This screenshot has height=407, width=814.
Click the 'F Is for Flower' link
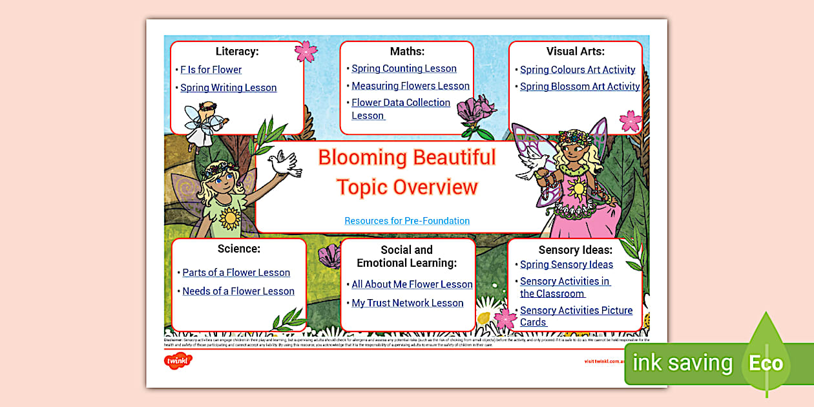211,70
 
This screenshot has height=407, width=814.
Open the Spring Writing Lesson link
228,88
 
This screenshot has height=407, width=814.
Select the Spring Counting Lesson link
404,68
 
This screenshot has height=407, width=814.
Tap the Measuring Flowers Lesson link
410,86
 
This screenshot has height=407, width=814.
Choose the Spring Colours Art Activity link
578,70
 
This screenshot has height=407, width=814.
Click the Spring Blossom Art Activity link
579,87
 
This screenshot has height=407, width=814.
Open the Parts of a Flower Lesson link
236,273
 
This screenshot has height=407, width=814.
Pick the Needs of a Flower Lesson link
238,291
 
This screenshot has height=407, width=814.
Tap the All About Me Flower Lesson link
412,284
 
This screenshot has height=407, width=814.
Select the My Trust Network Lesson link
407,303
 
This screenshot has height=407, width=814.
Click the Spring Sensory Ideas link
566,264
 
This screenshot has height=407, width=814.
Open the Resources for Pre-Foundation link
407,221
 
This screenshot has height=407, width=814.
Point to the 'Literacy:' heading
237,51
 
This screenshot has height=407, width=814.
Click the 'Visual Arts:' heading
576,51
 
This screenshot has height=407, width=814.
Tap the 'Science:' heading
239,249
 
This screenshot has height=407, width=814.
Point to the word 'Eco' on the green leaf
766,363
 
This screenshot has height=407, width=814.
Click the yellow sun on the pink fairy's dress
578,189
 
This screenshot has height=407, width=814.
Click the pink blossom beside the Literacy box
306,51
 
